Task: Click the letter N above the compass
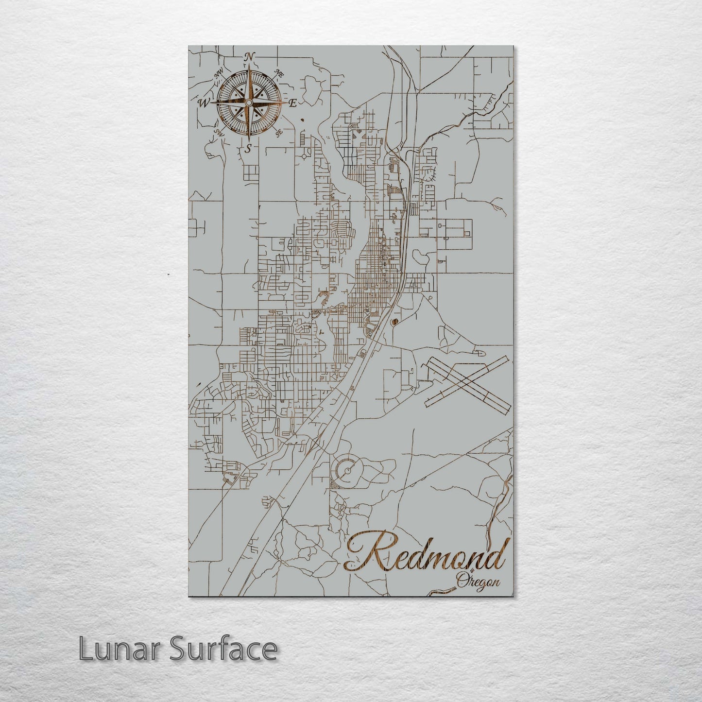click(x=249, y=57)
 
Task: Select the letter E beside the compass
click(x=293, y=103)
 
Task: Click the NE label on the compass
click(x=279, y=74)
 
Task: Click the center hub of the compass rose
click(x=249, y=103)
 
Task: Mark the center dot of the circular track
click(x=348, y=469)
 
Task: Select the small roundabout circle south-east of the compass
click(x=305, y=156)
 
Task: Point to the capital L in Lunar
click(x=85, y=649)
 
